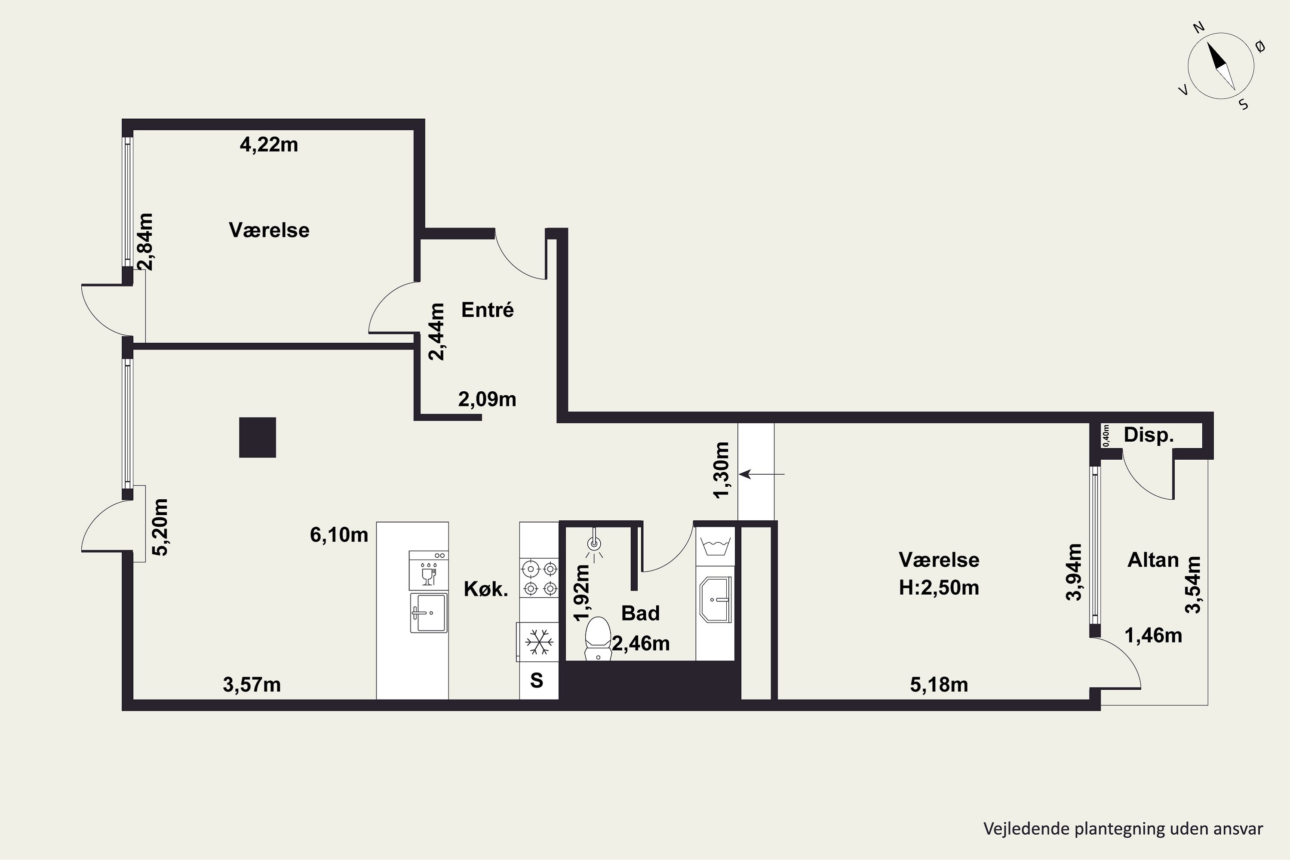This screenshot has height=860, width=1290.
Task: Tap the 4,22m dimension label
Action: [x=269, y=145]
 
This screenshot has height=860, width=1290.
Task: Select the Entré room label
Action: [x=488, y=310]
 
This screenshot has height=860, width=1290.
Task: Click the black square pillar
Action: [x=258, y=438]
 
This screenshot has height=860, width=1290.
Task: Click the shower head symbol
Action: [x=594, y=545]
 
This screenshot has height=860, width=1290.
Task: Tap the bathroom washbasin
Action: [x=716, y=599]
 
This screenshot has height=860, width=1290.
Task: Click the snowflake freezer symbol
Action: [x=539, y=642]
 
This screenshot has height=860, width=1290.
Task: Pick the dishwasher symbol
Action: [x=429, y=571]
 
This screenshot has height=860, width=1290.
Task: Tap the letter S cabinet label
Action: [x=536, y=681]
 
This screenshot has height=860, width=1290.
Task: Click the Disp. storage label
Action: [x=1149, y=435]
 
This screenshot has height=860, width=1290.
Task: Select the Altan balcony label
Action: [x=1153, y=559]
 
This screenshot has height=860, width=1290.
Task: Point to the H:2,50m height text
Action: [x=939, y=587]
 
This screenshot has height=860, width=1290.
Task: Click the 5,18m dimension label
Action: [x=939, y=685]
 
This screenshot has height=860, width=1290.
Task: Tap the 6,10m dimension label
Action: [x=339, y=535]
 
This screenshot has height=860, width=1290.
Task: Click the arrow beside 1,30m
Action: [x=762, y=474]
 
